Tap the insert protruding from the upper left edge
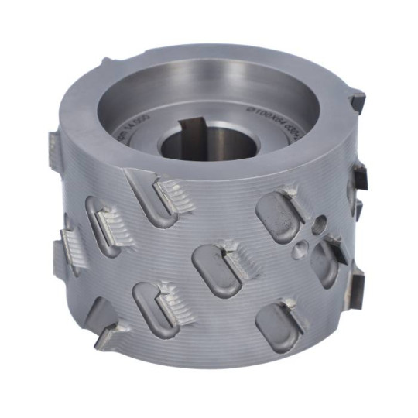[53, 144]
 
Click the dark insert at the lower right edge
[358, 286]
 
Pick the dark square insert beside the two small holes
[334, 248]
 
